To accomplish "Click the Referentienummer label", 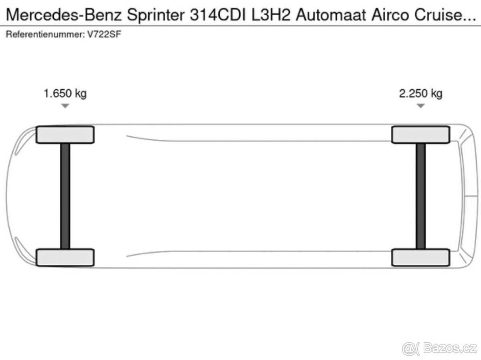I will (x=42, y=34).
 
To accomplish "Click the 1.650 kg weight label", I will (x=65, y=94).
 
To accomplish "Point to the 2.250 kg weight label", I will (x=420, y=94).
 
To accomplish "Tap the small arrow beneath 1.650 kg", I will (x=65, y=106).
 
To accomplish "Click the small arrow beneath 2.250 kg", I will (x=420, y=106).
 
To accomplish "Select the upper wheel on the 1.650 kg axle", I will (x=65, y=135).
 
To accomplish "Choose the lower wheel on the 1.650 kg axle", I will (x=65, y=257).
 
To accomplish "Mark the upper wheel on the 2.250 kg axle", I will (x=420, y=135).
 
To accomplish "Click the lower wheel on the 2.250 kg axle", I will (x=420, y=257).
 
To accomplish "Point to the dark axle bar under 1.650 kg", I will (x=65, y=196).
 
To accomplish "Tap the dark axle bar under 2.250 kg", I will (x=420, y=196).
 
